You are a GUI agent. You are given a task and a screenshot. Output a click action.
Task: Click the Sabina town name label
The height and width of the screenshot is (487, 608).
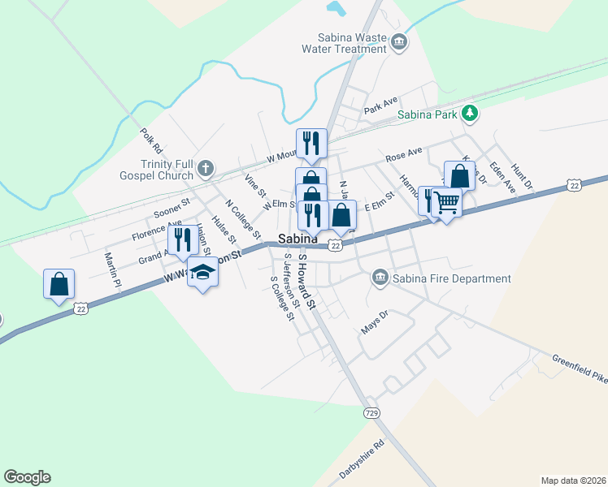tap(297, 239)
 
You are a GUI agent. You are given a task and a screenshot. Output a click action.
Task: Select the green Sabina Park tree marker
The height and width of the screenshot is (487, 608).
tap(468, 113)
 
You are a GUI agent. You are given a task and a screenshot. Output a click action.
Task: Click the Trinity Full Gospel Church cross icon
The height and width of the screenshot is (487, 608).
tap(206, 169)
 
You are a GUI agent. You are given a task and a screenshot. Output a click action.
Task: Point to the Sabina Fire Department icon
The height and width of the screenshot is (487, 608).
tap(380, 278)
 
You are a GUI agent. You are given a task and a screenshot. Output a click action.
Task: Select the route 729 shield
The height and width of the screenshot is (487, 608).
tap(371, 412)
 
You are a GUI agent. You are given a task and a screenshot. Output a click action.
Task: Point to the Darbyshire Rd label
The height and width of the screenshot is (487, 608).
tap(362, 460)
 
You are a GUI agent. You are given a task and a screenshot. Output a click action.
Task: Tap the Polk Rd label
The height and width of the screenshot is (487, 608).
tap(151, 140)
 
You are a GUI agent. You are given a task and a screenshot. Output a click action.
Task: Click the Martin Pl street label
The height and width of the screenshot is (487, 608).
tap(111, 270)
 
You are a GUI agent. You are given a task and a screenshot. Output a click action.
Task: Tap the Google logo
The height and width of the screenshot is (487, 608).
tap(27, 477)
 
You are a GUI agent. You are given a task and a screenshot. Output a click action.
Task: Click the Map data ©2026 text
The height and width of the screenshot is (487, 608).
tap(572, 481)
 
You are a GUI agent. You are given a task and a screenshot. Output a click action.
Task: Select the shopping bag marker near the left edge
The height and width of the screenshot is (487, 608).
tap(59, 284)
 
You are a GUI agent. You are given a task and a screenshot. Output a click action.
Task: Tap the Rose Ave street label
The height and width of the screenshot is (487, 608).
tap(404, 153)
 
